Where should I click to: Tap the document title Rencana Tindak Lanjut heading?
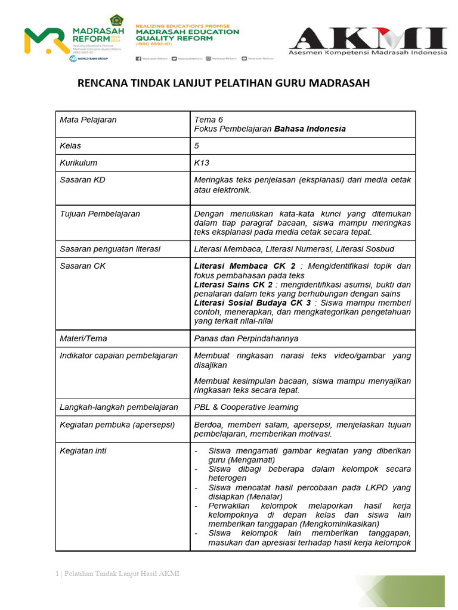click(224, 83)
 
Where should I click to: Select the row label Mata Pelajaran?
click(88, 120)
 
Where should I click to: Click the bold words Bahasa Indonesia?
click(310, 129)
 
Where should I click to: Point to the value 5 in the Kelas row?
click(197, 146)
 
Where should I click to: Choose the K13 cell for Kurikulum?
click(202, 163)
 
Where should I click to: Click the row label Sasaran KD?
click(82, 180)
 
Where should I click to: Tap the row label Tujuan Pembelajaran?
click(100, 214)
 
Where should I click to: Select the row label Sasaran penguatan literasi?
click(110, 249)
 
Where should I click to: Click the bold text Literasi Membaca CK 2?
click(245, 266)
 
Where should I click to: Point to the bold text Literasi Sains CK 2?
click(233, 285)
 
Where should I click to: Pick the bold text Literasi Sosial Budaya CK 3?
click(252, 303)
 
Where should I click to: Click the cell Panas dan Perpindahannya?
click(246, 338)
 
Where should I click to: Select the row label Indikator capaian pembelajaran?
click(119, 356)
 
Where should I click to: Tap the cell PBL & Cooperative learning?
click(246, 407)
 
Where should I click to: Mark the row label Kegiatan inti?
click(83, 451)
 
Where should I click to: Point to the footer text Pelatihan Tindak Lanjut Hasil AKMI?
click(120, 574)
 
